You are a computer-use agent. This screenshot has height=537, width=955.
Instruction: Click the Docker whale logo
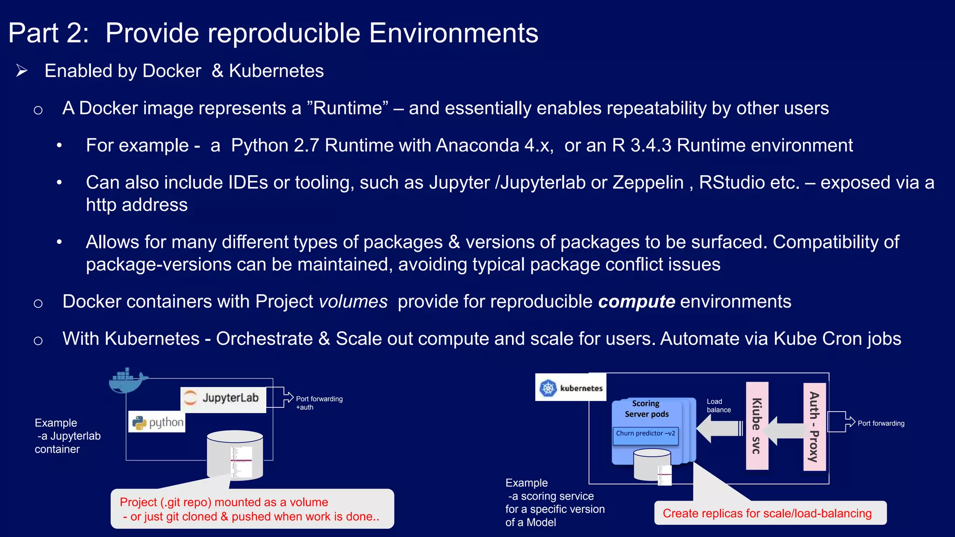(x=127, y=381)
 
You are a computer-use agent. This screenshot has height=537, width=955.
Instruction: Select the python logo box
(x=157, y=422)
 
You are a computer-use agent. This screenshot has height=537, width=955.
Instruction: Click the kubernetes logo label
(x=571, y=387)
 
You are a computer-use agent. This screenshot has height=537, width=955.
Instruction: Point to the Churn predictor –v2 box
(x=645, y=434)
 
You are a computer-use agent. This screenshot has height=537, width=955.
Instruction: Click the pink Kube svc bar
(x=757, y=426)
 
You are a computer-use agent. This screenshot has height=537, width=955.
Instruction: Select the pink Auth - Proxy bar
(x=814, y=427)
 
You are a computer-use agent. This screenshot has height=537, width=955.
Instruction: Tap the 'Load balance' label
(x=718, y=406)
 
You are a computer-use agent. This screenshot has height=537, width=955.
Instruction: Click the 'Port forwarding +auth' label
(x=319, y=403)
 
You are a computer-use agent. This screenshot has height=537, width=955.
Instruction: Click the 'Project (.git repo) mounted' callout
(x=252, y=509)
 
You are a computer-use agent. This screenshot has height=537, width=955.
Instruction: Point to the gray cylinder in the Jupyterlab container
(x=235, y=454)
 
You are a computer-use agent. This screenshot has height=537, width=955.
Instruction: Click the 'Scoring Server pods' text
(x=646, y=409)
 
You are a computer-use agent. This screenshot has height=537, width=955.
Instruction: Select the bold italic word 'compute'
(x=636, y=302)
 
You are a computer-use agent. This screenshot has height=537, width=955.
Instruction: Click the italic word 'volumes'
(x=353, y=302)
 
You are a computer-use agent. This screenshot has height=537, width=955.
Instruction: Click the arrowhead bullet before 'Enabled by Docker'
(x=21, y=71)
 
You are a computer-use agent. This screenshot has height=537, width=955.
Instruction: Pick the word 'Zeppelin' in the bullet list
(x=648, y=183)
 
